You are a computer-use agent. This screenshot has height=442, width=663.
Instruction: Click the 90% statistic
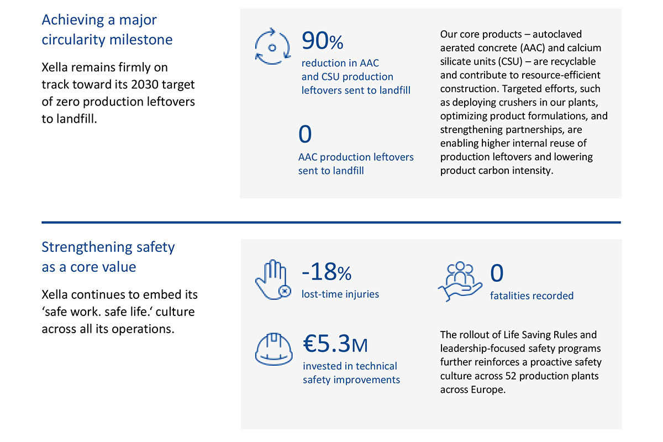pos(322,41)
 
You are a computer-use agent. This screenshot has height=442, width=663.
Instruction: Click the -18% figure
pos(326,272)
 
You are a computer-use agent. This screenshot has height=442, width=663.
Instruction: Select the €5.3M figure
pos(335,344)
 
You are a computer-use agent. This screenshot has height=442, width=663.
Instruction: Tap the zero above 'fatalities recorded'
pos(497,273)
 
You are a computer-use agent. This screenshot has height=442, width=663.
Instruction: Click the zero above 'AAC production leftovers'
pos(305,134)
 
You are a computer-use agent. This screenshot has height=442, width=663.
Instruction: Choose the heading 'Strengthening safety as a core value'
pos(108,257)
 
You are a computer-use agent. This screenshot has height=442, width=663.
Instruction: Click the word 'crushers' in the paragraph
pos(515,103)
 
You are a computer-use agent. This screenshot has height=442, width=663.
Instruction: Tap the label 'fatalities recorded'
pos(532,296)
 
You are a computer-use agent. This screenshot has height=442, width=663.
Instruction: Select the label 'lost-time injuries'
pos(340,294)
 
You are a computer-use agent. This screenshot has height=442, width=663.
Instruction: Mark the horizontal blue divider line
pos(331,222)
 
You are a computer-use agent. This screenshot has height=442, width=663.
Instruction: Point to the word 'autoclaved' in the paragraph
pos(557,34)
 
